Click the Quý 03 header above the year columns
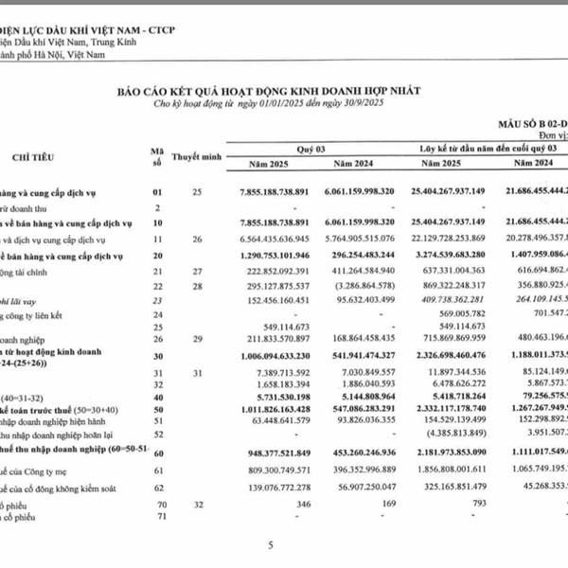coord(311,150)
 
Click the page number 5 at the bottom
coord(271,545)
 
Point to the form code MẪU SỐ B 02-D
coord(531,123)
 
